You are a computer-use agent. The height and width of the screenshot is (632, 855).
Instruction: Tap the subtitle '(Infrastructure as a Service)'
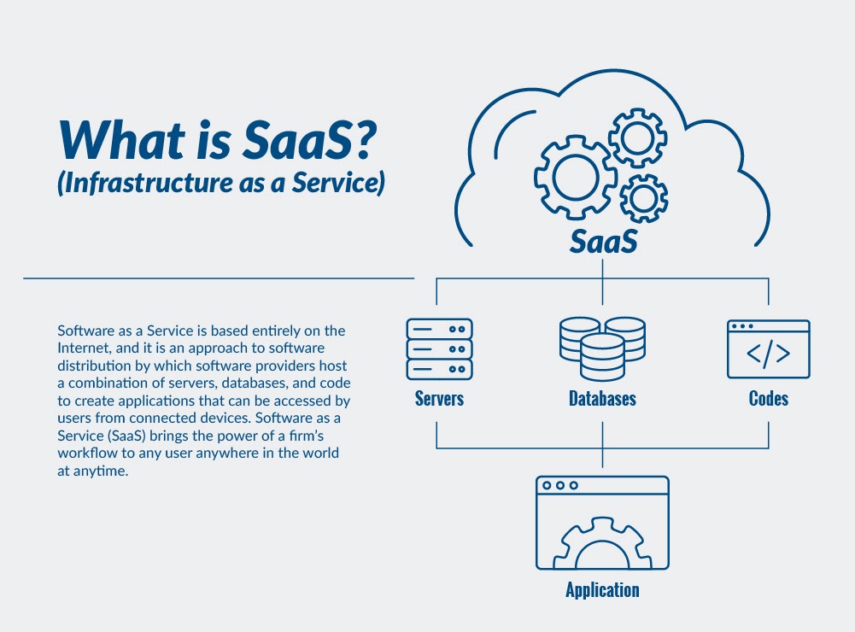point(220,183)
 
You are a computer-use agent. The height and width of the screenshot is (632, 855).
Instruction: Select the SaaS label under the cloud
point(603,241)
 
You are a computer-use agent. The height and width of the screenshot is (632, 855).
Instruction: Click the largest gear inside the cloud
point(570,177)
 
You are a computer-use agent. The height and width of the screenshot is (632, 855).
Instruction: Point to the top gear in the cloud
point(637,136)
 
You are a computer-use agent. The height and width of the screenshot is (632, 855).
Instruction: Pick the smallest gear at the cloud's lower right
point(643,197)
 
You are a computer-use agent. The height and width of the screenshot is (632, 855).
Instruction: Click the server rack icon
point(439,348)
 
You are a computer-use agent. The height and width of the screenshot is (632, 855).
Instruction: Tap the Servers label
point(439,399)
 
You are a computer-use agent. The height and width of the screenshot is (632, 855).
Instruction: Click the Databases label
point(602,399)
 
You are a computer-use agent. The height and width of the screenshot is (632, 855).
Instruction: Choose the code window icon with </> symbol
point(768,349)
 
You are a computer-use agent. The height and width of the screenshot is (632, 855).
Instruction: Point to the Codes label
point(768,399)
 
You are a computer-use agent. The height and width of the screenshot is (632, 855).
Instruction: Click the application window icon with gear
point(602,522)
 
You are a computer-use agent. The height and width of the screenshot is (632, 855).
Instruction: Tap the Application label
point(602,590)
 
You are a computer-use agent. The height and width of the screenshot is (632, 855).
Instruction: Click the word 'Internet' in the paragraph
point(84,347)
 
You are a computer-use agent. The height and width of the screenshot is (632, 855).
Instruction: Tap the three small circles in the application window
point(560,485)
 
